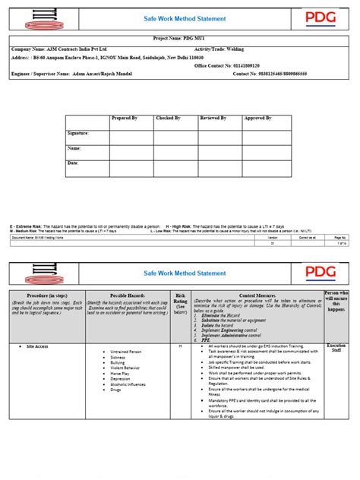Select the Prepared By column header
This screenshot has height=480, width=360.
click(x=125, y=118)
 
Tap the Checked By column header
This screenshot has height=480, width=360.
click(x=168, y=118)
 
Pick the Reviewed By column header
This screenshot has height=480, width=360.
click(x=213, y=118)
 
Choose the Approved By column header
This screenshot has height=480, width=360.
click(x=257, y=118)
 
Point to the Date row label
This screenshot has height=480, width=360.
click(x=74, y=163)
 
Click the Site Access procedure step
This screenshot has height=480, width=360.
click(x=37, y=346)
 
